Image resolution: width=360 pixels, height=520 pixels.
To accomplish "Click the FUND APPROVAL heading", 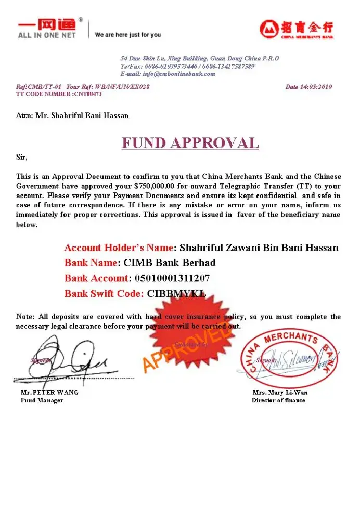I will [190, 143].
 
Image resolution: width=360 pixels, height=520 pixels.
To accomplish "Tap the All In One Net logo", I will [47, 29].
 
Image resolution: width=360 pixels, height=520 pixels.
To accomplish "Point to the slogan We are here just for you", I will [128, 35].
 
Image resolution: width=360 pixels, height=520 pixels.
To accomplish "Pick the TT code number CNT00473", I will [87, 94].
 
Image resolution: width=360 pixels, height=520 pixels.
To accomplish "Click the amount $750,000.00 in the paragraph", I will [156, 186].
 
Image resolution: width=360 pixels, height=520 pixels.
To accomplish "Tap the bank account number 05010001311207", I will [172, 278].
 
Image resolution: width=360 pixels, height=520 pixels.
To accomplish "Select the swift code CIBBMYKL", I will [177, 294].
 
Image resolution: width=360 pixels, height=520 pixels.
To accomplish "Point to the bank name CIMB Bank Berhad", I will [170, 263].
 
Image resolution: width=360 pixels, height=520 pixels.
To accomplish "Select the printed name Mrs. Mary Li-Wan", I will [280, 393].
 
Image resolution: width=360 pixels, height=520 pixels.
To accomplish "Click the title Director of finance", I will [278, 400].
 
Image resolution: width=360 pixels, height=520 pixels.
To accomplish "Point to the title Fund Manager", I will [42, 400].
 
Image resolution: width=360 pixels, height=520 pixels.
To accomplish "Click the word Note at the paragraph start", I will [25, 317].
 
